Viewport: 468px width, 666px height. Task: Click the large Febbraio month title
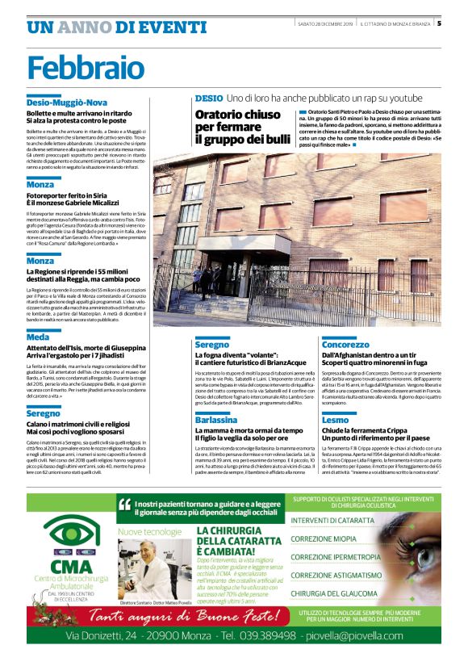[x=77, y=67]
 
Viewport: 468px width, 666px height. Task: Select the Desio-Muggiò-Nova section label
[x=66, y=103]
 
